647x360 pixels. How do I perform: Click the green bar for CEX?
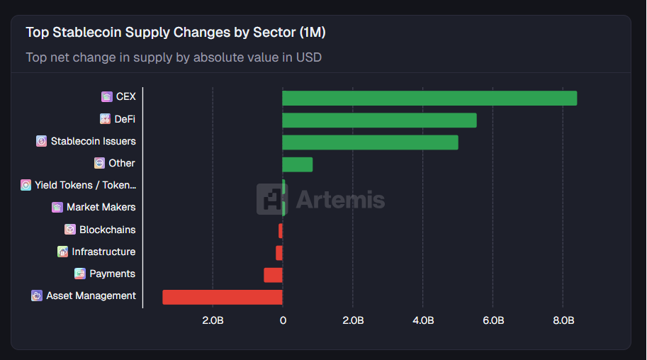pos(429,98)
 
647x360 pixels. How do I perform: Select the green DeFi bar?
pos(379,120)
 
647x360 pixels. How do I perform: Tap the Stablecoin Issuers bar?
pos(370,142)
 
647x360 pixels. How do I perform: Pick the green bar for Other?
pos(298,164)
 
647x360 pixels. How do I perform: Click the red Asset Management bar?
pos(223,296)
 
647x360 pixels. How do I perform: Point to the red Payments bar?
pos(274,274)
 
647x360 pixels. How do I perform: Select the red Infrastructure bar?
pos(279,252)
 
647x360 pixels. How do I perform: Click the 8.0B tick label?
pos(563,320)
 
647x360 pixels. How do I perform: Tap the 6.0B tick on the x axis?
pos(493,320)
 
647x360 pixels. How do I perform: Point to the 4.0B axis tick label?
pos(423,320)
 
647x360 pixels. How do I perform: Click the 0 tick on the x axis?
pos(283,320)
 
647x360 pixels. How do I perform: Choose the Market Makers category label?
pos(101,208)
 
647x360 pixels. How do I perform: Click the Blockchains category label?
pos(107,230)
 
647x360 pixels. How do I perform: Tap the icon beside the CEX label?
pos(107,97)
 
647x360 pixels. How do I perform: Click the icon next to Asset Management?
pos(37,296)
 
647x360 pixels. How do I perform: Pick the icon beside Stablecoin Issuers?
pos(42,141)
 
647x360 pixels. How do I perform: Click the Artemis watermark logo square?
pos(271,199)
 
